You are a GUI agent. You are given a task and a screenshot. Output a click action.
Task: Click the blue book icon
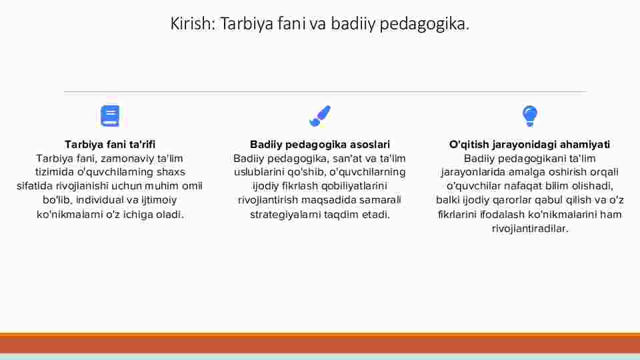(110, 116)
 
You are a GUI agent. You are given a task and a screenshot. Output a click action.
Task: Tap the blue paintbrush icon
(320, 116)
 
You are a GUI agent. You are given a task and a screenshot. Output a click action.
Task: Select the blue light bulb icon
(530, 116)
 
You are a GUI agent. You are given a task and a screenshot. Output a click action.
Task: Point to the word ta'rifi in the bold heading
(142, 145)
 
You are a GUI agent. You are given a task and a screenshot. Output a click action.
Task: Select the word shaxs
(171, 172)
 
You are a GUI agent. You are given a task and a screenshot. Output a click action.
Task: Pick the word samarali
(381, 200)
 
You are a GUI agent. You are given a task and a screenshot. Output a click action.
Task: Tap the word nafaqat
(521, 186)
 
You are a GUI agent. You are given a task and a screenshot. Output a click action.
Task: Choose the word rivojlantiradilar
(530, 229)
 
